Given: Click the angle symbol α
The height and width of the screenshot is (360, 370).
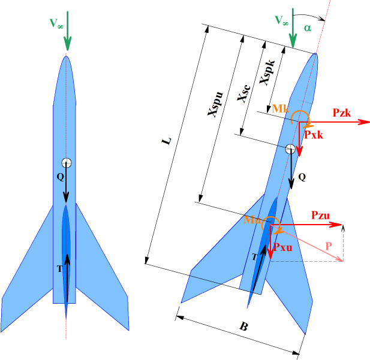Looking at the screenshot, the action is pyautogui.click(x=308, y=28).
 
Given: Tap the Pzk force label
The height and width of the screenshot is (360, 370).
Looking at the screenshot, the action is pyautogui.click(x=341, y=113).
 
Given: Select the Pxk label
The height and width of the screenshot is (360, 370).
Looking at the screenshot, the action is pyautogui.click(x=314, y=135).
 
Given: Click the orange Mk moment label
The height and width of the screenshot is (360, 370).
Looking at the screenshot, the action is pyautogui.click(x=280, y=108).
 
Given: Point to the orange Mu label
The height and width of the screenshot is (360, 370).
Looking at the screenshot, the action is pyautogui.click(x=252, y=220).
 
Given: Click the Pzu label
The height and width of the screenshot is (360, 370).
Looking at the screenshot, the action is pyautogui.click(x=320, y=215).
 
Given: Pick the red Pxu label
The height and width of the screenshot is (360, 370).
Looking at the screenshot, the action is pyautogui.click(x=282, y=247).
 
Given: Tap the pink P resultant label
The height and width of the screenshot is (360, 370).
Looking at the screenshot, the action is pyautogui.click(x=329, y=246).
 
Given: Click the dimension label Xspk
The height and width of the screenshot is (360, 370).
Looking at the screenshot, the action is pyautogui.click(x=267, y=72).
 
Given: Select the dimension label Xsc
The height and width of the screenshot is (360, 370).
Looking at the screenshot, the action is pyautogui.click(x=243, y=93).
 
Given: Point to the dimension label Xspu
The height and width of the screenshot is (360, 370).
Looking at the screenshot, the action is pyautogui.click(x=215, y=104).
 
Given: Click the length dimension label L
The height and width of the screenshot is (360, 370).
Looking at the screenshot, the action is pyautogui.click(x=166, y=141).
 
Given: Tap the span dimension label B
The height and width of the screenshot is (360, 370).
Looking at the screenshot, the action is pyautogui.click(x=244, y=327).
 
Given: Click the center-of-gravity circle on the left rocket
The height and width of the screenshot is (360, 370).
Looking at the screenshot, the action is pyautogui.click(x=67, y=163).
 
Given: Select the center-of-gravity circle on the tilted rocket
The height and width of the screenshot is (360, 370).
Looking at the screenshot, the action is pyautogui.click(x=290, y=149).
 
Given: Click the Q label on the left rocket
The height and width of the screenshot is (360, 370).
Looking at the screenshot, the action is pyautogui.click(x=61, y=177).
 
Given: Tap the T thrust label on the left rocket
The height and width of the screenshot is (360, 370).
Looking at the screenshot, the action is pyautogui.click(x=60, y=269).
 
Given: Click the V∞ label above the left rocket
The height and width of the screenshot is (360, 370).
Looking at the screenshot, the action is pyautogui.click(x=56, y=23).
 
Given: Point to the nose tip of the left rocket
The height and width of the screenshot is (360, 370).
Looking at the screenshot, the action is pyautogui.click(x=66, y=55).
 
